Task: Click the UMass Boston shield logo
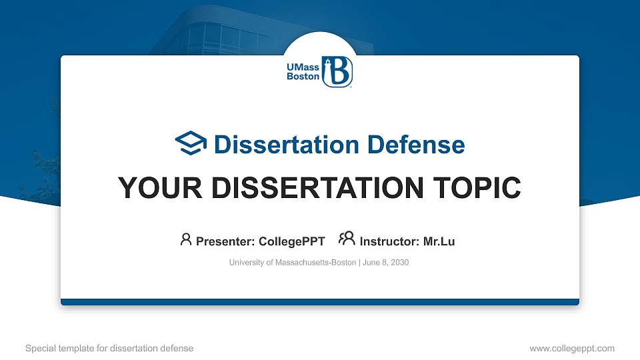tap(337, 71)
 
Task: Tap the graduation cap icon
tap(191, 144)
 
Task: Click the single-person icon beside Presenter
tap(186, 240)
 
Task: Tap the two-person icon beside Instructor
tap(347, 239)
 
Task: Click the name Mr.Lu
tap(439, 241)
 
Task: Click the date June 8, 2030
tap(386, 263)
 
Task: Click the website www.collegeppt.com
tap(571, 348)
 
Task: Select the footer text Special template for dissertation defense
tap(109, 348)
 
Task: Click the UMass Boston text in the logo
tap(302, 72)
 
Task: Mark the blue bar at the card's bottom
tap(320, 302)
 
